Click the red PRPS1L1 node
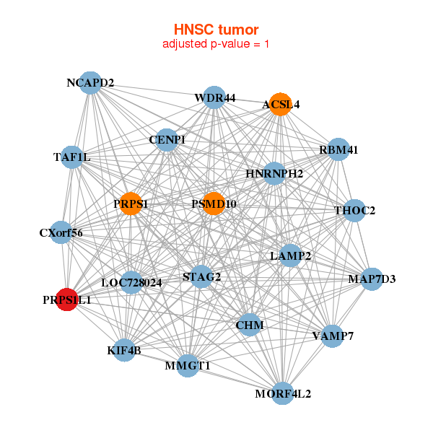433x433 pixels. [67, 299]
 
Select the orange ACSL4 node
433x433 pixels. [279, 105]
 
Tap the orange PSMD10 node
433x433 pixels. [214, 204]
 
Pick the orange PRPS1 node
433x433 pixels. [131, 204]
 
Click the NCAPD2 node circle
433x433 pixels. [90, 82]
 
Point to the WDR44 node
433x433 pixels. [214, 97]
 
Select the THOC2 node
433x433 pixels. [354, 211]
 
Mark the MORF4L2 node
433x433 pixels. [283, 393]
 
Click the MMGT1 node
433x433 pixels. [188, 366]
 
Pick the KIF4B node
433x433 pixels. [124, 351]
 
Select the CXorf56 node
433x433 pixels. [61, 232]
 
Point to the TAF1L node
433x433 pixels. [72, 157]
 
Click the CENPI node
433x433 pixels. [167, 139]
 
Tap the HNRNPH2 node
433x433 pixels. [274, 173]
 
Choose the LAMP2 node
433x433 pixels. [290, 255]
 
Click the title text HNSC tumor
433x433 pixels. [216, 30]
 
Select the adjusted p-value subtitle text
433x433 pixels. [216, 44]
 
